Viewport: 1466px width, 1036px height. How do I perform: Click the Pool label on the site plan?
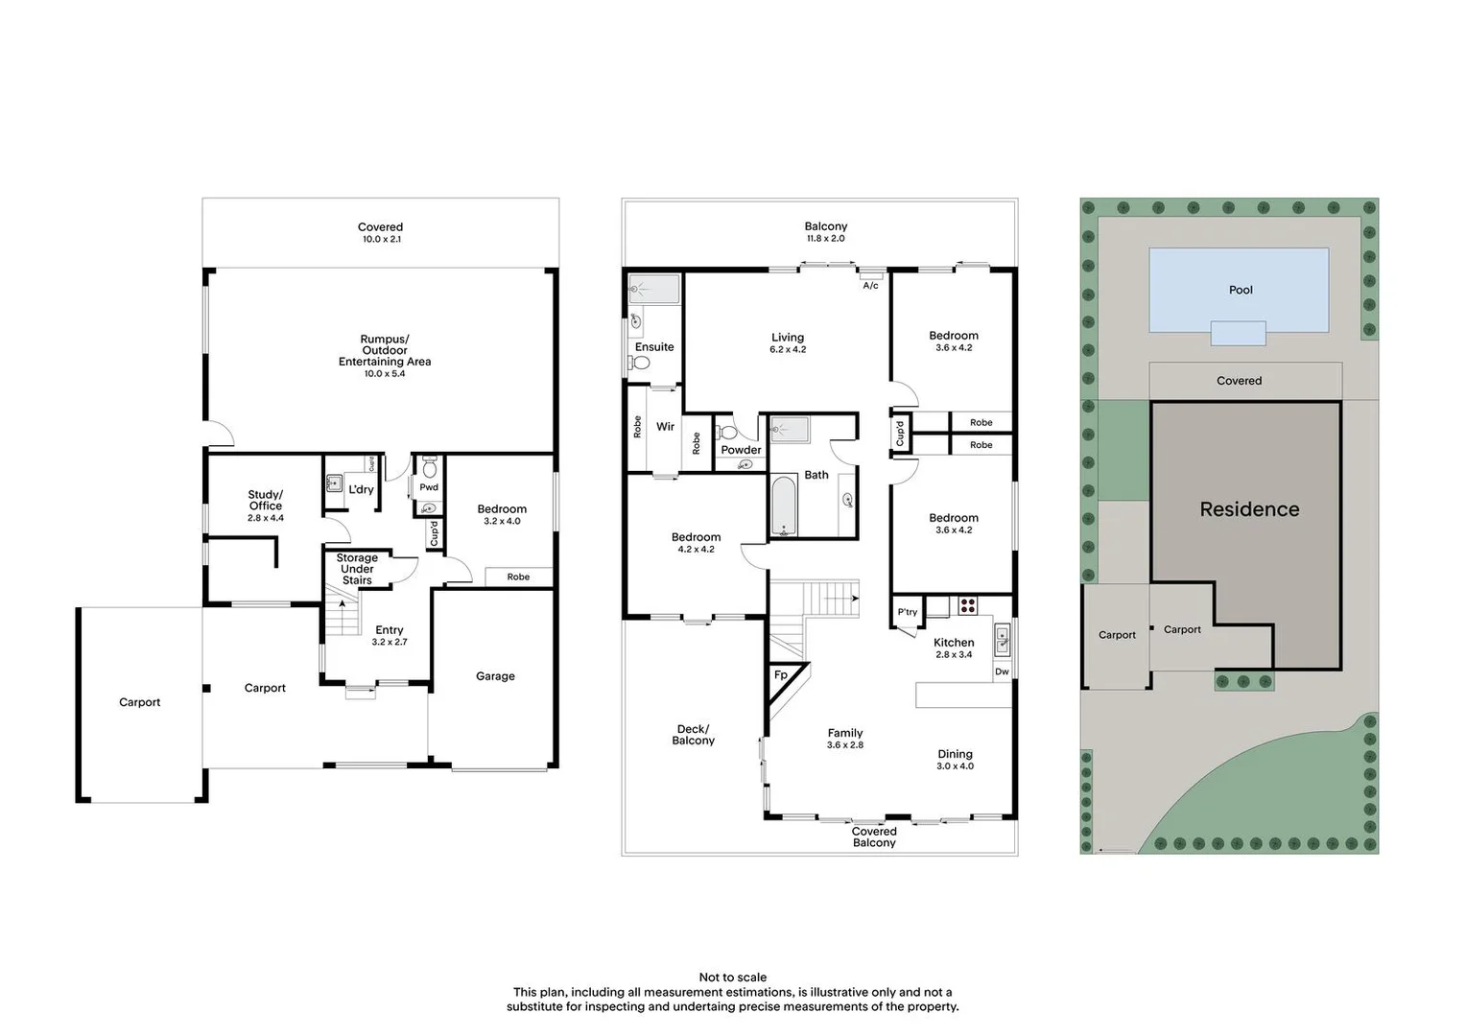point(1241,290)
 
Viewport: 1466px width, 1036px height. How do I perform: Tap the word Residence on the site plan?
point(1249,509)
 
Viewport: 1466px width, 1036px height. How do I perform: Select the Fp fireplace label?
point(781,675)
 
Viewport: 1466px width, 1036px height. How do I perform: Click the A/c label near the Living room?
point(870,286)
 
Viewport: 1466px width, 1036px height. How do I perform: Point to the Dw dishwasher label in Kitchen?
point(1002,671)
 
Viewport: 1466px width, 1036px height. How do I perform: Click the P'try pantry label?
point(907,612)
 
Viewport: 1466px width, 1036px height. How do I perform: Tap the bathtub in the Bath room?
point(784,506)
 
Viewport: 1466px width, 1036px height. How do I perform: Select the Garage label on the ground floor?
point(495,676)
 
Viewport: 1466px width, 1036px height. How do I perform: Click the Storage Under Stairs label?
point(357,569)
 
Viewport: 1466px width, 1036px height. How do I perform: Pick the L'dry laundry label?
point(361,489)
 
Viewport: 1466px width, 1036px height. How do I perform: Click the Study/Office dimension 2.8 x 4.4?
point(266,518)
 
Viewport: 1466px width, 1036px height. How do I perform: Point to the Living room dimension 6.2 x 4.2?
point(788,350)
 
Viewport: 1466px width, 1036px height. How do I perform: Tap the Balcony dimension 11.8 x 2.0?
point(825,239)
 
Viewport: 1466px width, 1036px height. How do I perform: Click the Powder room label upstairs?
point(741,450)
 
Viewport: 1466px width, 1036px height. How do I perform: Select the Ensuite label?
point(654,347)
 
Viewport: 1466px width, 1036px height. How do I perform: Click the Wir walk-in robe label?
point(665,427)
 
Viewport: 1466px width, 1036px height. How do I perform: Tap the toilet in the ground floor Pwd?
point(429,467)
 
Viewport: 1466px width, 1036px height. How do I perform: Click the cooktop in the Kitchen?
point(967,605)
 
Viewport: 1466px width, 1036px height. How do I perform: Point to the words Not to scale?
point(733,977)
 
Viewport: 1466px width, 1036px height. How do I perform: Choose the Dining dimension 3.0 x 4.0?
point(955,766)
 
